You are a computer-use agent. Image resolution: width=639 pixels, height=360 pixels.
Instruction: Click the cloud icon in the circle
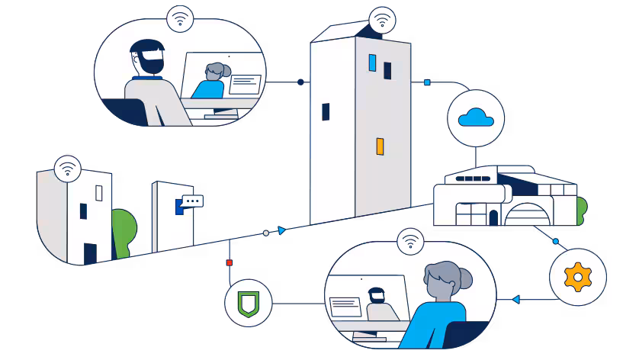pyautogui.click(x=477, y=117)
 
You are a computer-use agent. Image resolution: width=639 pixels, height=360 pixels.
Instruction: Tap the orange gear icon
pyautogui.click(x=577, y=275)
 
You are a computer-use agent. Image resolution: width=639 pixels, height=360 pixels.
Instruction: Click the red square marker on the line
pyautogui.click(x=229, y=262)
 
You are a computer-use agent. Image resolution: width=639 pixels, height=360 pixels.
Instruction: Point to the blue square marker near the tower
pyautogui.click(x=427, y=82)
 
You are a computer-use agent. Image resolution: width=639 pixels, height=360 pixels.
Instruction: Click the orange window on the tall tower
pyautogui.click(x=379, y=146)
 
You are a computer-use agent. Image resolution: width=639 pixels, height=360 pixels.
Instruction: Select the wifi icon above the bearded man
pyautogui.click(x=180, y=18)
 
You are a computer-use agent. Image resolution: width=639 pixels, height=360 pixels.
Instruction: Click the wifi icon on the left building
pyautogui.click(x=68, y=168)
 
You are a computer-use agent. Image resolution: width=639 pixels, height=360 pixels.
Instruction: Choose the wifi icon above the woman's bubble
pyautogui.click(x=412, y=242)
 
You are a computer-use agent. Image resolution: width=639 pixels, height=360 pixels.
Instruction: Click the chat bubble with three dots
pyautogui.click(x=191, y=201)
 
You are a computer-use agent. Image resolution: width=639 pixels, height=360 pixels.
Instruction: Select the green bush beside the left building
pyautogui.click(x=124, y=230)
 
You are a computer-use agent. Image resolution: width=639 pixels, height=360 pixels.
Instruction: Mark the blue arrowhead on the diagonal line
pyautogui.click(x=282, y=230)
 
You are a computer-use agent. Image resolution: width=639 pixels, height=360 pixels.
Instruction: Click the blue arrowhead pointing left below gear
pyautogui.click(x=516, y=299)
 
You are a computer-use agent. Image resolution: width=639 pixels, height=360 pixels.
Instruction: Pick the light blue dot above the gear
pyautogui.click(x=555, y=242)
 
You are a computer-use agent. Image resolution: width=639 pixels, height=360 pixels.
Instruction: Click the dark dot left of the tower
pyautogui.click(x=300, y=82)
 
